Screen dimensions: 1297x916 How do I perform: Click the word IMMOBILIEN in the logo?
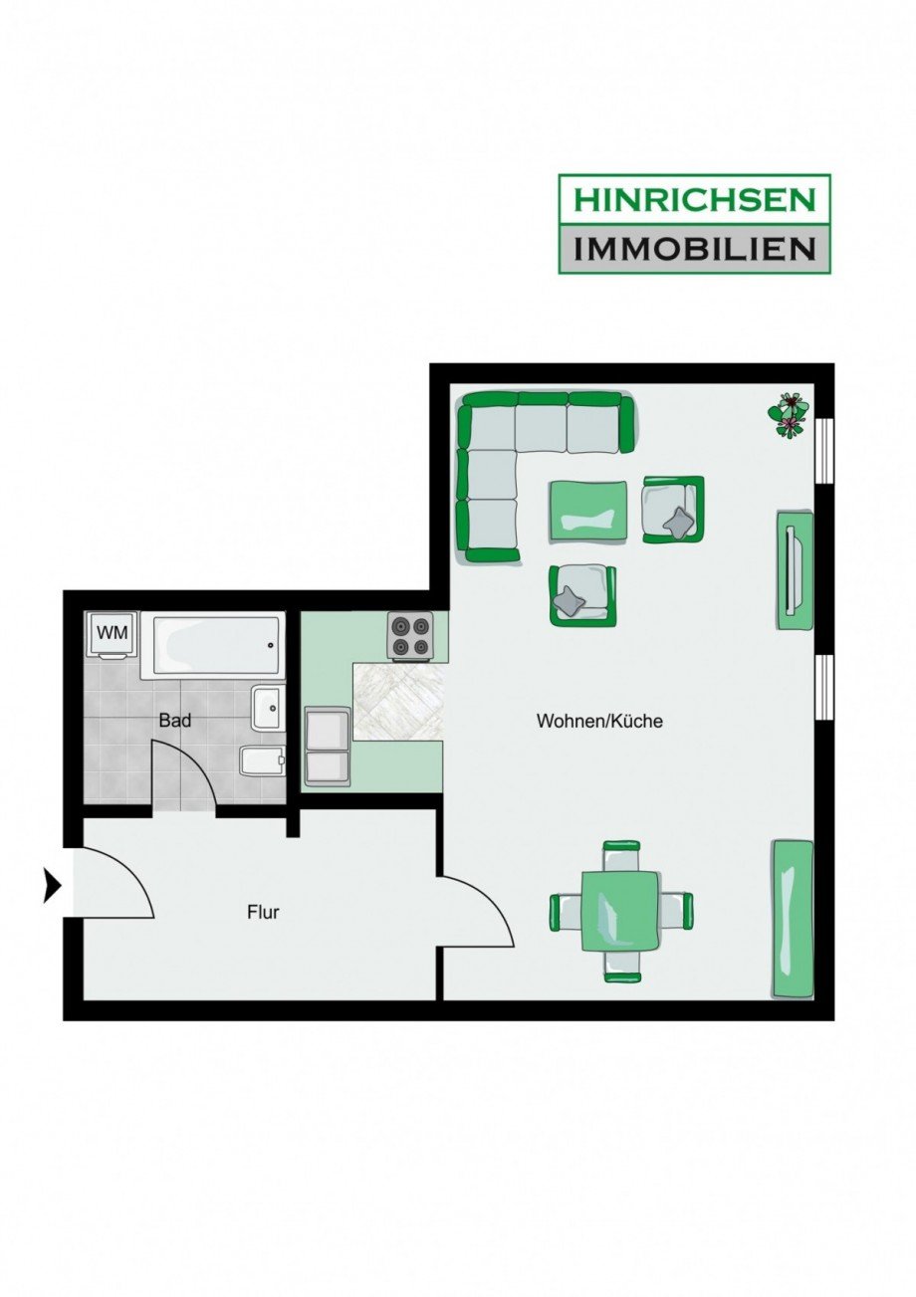693,247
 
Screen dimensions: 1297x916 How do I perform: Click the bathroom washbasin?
268,708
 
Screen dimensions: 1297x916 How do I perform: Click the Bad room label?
174,720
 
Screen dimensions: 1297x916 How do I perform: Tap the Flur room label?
263,910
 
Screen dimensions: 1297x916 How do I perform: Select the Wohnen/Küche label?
599,721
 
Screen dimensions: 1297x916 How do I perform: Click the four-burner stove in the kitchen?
410,636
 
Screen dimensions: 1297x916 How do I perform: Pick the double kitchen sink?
327,747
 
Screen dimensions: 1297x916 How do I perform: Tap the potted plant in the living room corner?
791,414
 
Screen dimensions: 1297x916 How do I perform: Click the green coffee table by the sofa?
589,511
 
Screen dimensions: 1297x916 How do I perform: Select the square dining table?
621,910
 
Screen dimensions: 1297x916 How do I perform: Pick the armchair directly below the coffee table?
581,595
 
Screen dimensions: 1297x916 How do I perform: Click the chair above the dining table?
621,851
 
